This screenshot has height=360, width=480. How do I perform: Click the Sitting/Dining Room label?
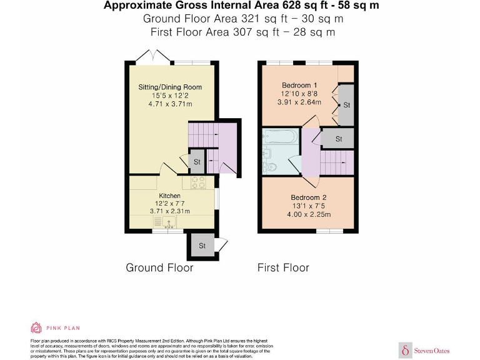[170, 87]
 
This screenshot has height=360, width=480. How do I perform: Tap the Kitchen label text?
[169, 196]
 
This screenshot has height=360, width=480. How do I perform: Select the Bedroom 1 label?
[299, 86]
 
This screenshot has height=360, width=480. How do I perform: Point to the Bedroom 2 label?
[309, 197]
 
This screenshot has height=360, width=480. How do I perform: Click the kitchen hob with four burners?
[198, 182]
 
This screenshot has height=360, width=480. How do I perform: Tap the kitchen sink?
[169, 222]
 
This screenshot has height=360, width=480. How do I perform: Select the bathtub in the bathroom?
[281, 136]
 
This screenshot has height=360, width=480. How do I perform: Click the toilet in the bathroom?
[269, 167]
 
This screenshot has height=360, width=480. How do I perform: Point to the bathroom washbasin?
[267, 152]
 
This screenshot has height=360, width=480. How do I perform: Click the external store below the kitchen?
[202, 245]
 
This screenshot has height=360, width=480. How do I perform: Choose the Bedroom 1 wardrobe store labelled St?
[346, 105]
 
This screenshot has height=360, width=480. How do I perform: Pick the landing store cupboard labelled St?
[337, 139]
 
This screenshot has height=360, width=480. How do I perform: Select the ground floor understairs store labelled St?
[197, 161]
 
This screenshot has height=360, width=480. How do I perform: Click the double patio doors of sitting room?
[152, 57]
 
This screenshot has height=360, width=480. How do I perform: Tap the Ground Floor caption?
[159, 267]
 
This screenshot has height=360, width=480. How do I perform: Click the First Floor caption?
[283, 267]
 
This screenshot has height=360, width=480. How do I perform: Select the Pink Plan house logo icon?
[36, 327]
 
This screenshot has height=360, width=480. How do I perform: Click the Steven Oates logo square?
[405, 350]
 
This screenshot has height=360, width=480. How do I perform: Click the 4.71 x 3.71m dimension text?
[170, 104]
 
